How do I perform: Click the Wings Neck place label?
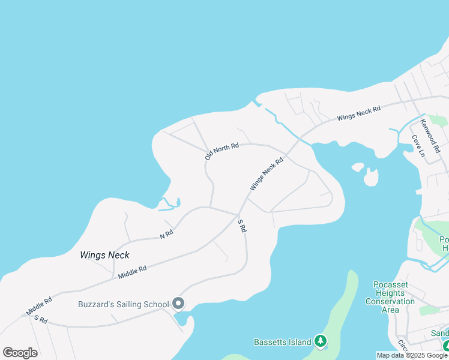[104, 255]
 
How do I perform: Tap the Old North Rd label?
[221, 151]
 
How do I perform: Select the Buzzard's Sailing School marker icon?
[178, 304]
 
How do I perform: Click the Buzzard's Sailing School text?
[123, 304]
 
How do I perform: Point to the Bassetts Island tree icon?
[321, 342]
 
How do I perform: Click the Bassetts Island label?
[283, 342]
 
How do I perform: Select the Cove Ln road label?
[418, 146]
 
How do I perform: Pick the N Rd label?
[167, 235]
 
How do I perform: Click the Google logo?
[20, 352]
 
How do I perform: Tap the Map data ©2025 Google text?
[412, 356]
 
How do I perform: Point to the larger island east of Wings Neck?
[371, 177]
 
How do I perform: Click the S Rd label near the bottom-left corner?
[41, 319]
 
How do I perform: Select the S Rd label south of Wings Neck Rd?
[241, 226]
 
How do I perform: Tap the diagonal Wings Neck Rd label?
[266, 175]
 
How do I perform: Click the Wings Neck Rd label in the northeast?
[358, 113]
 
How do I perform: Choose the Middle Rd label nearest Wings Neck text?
[132, 272]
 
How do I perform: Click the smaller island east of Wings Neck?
[358, 167]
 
